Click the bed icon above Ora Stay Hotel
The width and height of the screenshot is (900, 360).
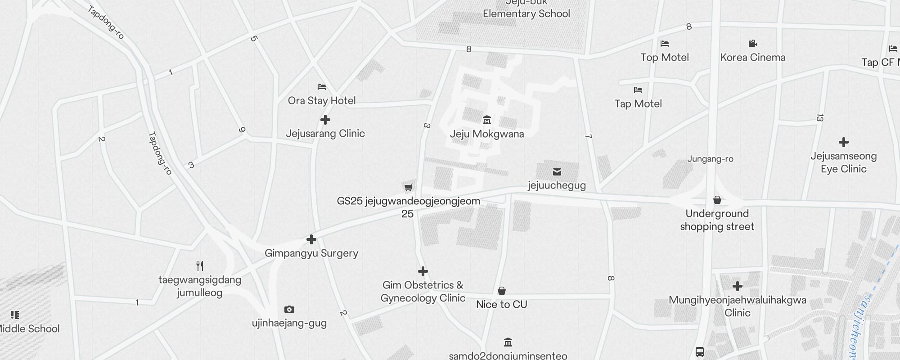pyautogui.click(x=322, y=87)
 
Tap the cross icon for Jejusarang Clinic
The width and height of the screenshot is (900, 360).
pyautogui.click(x=325, y=120)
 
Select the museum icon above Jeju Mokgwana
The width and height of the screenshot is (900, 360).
pyautogui.click(x=487, y=120)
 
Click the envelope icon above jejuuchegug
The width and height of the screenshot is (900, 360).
pyautogui.click(x=557, y=171)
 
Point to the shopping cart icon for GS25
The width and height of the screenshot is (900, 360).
pyautogui.click(x=408, y=187)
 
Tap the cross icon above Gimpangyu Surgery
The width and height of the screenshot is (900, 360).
pyautogui.click(x=311, y=239)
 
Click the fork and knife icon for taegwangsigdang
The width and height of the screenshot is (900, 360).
pyautogui.click(x=200, y=266)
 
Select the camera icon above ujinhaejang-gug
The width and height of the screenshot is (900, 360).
pyautogui.click(x=289, y=309)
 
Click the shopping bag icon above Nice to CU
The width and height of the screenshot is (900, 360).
pyautogui.click(x=502, y=291)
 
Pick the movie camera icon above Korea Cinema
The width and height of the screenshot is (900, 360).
pyautogui.click(x=753, y=44)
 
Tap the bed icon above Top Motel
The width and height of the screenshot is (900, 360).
pyautogui.click(x=665, y=44)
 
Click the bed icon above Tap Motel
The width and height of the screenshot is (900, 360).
pyautogui.click(x=638, y=90)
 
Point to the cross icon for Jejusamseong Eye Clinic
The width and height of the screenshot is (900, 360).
pyautogui.click(x=844, y=143)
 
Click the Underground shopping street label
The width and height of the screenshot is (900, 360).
pyautogui.click(x=717, y=220)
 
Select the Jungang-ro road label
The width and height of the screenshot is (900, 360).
pyautogui.click(x=710, y=159)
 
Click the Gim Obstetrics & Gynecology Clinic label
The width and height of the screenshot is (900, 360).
pyautogui.click(x=423, y=292)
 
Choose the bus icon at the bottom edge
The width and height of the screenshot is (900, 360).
pyautogui.click(x=700, y=352)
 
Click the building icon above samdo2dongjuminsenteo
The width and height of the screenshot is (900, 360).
pyautogui.click(x=508, y=342)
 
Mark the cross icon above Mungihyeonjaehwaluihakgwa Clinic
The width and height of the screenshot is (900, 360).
pyautogui.click(x=738, y=286)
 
